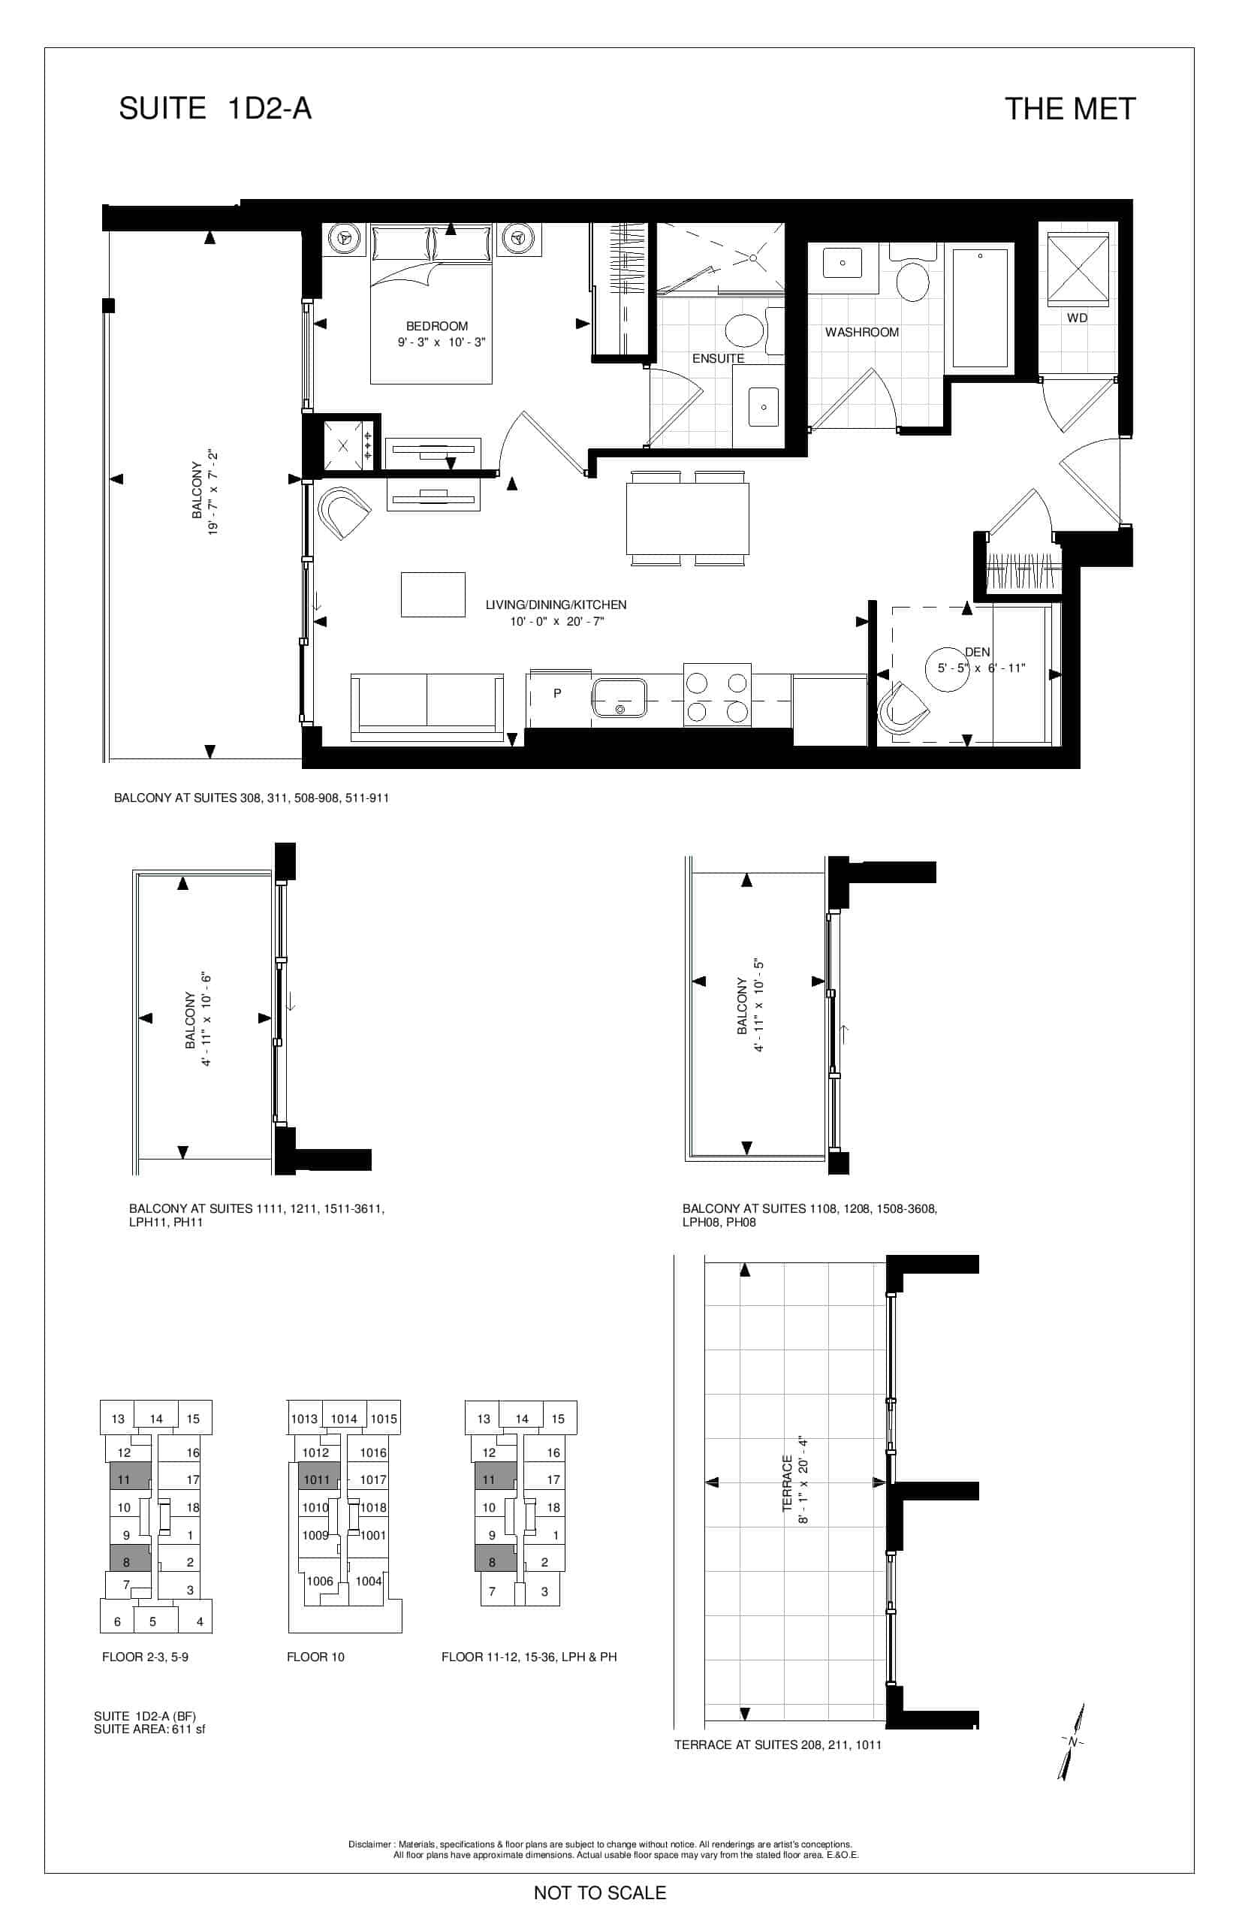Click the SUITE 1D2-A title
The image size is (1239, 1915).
(215, 109)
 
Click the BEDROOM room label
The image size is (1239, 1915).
(437, 326)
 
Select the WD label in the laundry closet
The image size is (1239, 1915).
(1078, 318)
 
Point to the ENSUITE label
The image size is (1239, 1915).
(719, 358)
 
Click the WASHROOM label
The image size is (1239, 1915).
(862, 332)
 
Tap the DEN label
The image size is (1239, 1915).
(978, 652)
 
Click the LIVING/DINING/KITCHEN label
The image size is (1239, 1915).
(556, 605)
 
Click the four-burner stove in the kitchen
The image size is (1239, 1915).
(717, 695)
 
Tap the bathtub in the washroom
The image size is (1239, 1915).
(980, 308)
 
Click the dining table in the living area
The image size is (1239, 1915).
(688, 518)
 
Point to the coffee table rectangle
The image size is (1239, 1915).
(433, 595)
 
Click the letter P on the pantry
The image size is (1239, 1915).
(556, 692)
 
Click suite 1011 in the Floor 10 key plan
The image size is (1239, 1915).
(317, 1479)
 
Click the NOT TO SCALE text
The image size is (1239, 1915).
(600, 1892)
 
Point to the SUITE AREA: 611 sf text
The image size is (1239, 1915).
(149, 1729)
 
